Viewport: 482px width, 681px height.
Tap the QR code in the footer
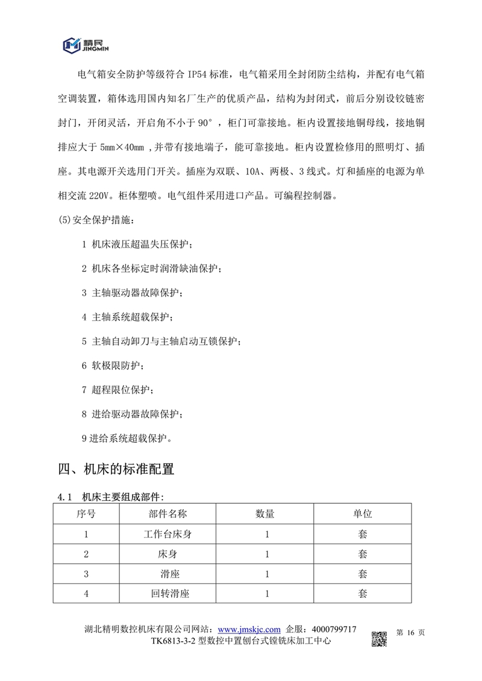(x=378, y=636)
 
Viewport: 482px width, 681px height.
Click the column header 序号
(x=86, y=514)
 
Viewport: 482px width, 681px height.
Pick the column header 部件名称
(x=167, y=514)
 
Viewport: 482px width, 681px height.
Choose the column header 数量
(x=265, y=514)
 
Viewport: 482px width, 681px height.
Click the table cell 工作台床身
(x=167, y=534)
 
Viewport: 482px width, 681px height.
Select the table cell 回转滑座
(x=167, y=594)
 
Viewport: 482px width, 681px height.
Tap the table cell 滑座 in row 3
(x=167, y=574)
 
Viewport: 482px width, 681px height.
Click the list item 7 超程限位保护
(x=117, y=390)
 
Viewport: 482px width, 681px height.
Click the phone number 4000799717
(x=331, y=629)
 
